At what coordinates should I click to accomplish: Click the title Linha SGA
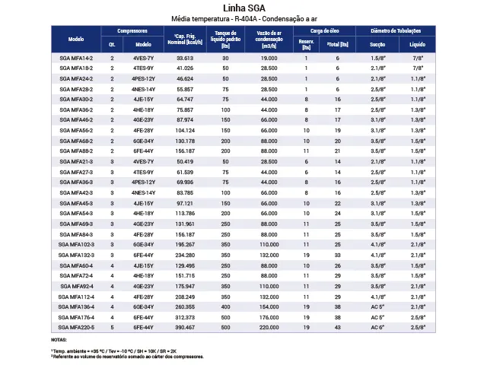(x=243, y=8)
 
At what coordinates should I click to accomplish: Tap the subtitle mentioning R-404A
(x=243, y=18)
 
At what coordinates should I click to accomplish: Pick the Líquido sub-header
(x=418, y=44)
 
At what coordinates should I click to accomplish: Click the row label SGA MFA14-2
(x=75, y=58)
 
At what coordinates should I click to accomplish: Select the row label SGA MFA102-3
(x=75, y=243)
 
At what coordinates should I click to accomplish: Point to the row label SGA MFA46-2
(x=75, y=119)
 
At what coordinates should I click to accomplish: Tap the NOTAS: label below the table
(x=59, y=339)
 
